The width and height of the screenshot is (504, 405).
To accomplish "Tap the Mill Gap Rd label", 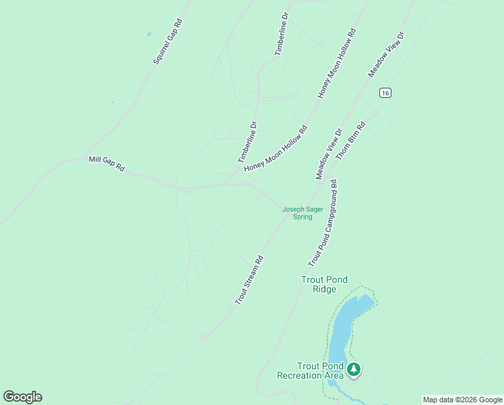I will pos(106,163).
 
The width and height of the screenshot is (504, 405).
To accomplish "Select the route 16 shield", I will pos(384,92).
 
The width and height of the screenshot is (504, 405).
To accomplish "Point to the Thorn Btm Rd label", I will pos(350,140).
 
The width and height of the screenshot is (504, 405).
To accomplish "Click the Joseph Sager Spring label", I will pos(303,213).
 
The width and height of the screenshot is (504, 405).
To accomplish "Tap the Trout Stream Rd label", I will pos(249,279).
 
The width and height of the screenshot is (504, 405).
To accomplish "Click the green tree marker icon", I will pos(354,369).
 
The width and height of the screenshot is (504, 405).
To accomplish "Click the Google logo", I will pos(22,397).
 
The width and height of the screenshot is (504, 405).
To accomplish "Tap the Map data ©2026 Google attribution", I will pos(462,400).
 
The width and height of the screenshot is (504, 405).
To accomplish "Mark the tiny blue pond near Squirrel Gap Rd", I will pos(148,34).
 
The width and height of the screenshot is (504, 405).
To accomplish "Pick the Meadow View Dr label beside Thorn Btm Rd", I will pos(329,154).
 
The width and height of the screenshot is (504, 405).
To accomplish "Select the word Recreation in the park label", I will pos(300,375).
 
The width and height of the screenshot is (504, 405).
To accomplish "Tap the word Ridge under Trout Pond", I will pos(325,289).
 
